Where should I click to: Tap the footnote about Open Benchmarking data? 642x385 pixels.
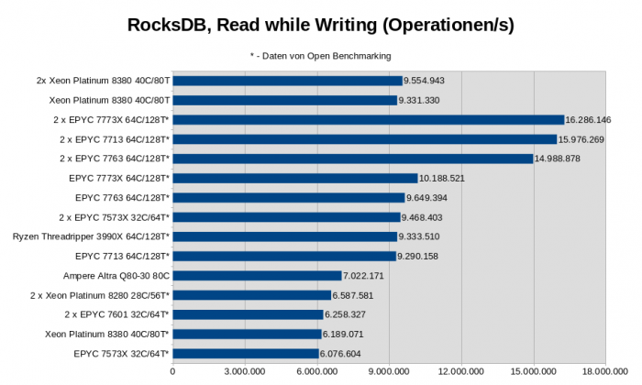(321, 56)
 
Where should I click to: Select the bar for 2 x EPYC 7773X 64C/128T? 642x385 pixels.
(368, 119)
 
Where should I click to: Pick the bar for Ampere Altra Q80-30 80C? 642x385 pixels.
(257, 275)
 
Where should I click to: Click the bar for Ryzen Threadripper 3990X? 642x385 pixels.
(284, 236)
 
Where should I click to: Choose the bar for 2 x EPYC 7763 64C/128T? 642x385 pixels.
(352, 159)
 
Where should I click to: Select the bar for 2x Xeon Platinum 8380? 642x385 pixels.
(287, 81)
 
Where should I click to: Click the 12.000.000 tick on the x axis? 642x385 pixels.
(460, 371)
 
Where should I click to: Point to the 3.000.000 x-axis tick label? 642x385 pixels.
(245, 371)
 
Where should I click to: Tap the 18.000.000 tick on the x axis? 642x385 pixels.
(604, 371)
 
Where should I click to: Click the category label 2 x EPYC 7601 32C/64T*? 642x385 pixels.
(113, 314)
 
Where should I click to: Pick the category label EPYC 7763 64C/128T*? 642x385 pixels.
(122, 197)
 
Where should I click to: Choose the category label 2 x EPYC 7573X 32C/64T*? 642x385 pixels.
(113, 217)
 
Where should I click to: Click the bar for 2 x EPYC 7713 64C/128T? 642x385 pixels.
(364, 139)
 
